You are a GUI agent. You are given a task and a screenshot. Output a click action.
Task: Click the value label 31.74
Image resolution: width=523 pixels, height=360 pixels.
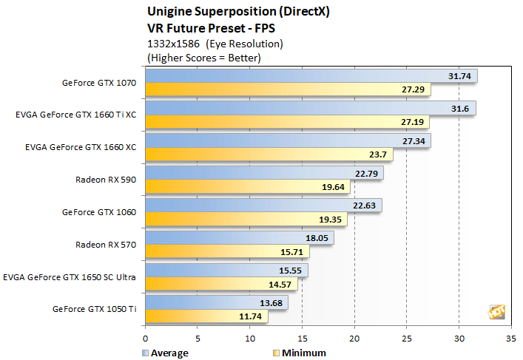[x=459, y=76]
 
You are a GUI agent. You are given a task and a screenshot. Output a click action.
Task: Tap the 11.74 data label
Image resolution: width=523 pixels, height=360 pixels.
[x=251, y=317]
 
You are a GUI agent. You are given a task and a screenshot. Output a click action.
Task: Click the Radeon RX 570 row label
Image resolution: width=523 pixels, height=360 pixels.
[x=106, y=245]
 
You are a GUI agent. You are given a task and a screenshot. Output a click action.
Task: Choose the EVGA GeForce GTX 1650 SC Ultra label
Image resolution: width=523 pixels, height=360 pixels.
[x=70, y=277]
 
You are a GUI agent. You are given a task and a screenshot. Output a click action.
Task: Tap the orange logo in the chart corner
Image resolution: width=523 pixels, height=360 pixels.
[x=496, y=312]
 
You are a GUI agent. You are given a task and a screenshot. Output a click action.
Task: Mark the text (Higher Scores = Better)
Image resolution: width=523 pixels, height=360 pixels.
[x=204, y=57]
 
